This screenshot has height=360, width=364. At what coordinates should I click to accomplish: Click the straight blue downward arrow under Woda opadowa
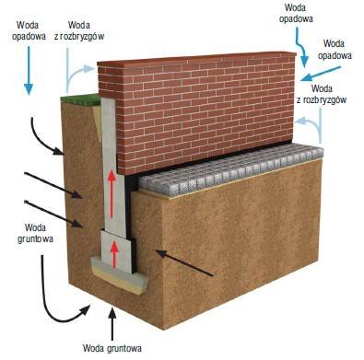pos(29,71)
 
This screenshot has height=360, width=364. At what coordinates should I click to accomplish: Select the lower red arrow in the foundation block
pos(114,255)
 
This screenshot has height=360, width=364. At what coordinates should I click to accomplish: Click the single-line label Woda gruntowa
pos(112,348)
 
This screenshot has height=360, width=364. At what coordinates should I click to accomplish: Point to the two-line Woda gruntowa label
pos(35,233)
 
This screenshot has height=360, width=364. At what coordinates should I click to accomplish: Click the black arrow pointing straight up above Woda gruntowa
pos(112,323)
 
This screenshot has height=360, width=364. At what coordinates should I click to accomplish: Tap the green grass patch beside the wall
pos(80,100)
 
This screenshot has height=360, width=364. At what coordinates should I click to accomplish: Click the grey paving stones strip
pos(230,170)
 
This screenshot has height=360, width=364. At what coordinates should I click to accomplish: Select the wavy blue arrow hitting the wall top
pos(301,49)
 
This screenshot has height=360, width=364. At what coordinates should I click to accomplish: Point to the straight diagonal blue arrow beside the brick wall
pos(321,74)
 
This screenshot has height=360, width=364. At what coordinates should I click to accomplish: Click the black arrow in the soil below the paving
pos(183,263)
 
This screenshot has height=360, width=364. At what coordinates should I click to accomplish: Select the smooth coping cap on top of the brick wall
pos(196,58)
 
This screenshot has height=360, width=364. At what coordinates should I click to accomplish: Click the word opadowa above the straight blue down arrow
pos(29,36)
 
